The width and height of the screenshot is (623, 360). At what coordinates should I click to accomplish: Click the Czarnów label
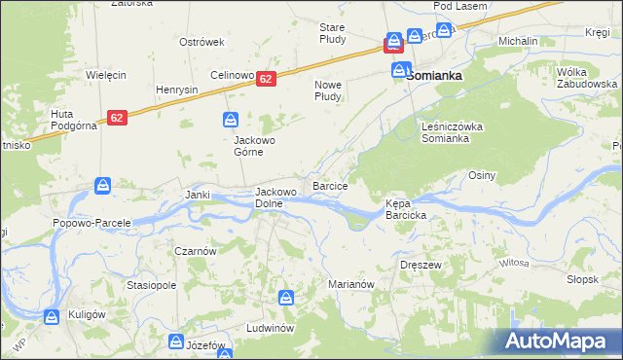(x=195, y=250)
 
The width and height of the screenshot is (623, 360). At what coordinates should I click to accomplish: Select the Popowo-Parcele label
(x=92, y=223)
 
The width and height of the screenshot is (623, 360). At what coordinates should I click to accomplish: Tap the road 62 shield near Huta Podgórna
(x=117, y=118)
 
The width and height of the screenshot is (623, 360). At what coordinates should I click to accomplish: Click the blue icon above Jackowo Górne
(x=230, y=120)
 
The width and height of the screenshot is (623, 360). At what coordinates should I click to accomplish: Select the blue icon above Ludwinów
(x=285, y=298)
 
